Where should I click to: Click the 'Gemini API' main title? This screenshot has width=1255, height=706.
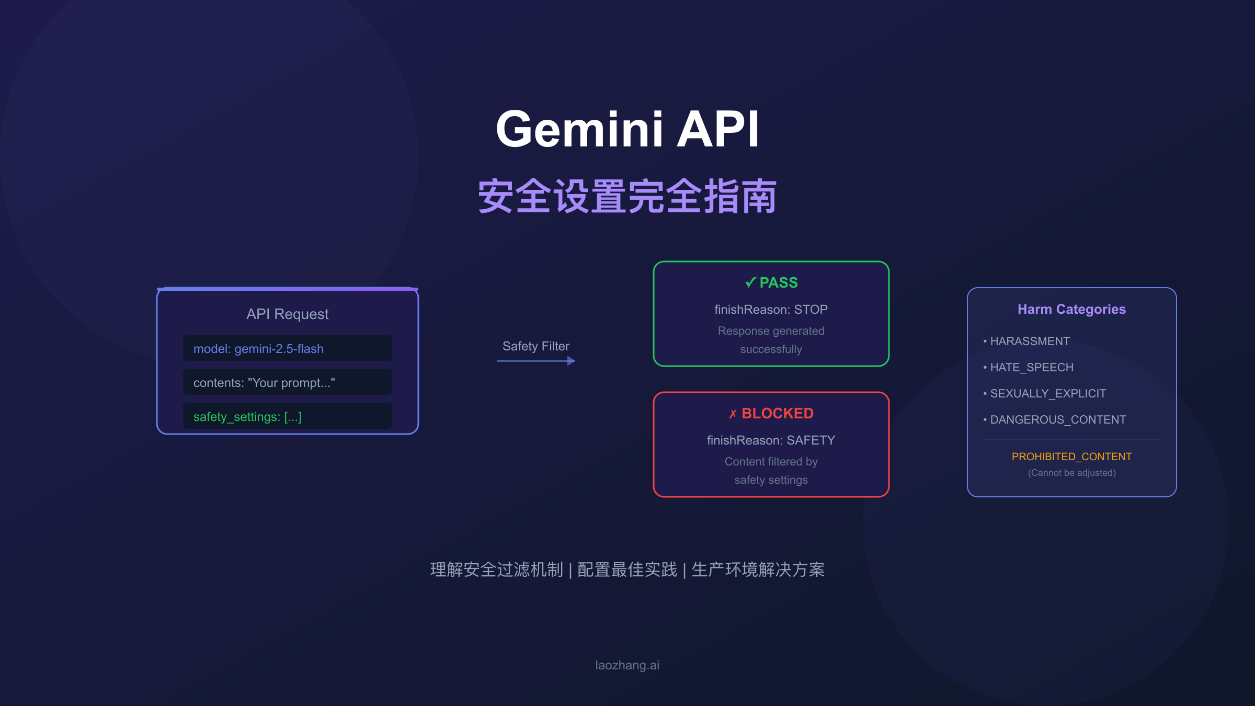click(x=627, y=129)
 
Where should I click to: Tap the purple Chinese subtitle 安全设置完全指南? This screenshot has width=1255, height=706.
click(x=627, y=197)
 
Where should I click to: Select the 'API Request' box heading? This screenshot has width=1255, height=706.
click(x=287, y=314)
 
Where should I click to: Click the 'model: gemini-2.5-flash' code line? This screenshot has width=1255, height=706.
click(x=258, y=349)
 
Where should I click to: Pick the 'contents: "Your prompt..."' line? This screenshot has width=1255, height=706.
click(x=264, y=383)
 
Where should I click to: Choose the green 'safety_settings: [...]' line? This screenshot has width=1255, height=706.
click(x=247, y=417)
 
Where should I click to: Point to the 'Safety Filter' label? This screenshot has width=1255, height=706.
click(x=535, y=346)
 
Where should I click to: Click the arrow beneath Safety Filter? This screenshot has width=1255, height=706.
click(x=535, y=361)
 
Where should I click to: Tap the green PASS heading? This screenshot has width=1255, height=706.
click(x=771, y=282)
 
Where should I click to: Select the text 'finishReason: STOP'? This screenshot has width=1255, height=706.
click(x=771, y=310)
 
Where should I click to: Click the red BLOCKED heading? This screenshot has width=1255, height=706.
click(x=771, y=413)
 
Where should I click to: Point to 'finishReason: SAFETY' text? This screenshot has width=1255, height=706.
click(x=771, y=440)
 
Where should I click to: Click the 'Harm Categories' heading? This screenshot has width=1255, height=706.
click(x=1071, y=309)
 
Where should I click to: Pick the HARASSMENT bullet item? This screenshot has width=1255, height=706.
click(x=1029, y=341)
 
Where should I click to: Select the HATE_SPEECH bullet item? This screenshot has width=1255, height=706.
click(x=1031, y=368)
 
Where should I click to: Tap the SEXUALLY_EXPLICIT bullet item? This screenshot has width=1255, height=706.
click(x=1047, y=394)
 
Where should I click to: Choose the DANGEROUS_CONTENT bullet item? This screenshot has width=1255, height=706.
click(x=1057, y=420)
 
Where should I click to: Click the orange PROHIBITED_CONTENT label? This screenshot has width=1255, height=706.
click(x=1071, y=457)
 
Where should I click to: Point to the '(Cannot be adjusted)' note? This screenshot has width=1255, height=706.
click(x=1071, y=473)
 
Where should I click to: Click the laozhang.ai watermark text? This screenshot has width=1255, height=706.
click(x=627, y=665)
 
